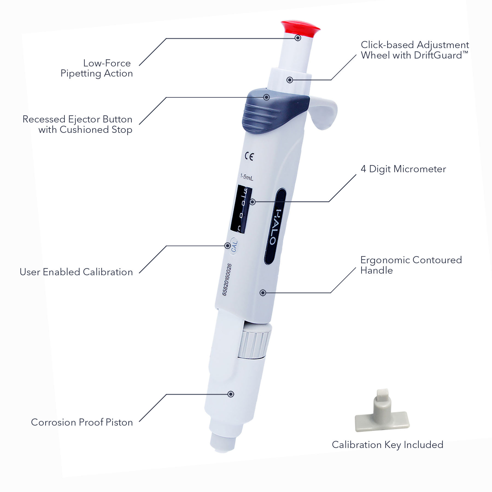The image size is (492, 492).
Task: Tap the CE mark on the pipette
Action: coord(249,156)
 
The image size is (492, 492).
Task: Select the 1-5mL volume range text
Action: coord(247,177)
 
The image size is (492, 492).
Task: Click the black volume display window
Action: coord(241,209)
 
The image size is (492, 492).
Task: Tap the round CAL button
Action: coord(234,246)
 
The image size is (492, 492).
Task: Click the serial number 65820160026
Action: coord(227,279)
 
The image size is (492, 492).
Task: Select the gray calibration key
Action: coord(382,413)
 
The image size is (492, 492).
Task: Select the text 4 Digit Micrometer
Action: coord(403,169)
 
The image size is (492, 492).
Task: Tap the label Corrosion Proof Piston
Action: coord(82,422)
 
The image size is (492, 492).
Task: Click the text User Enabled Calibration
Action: coord(76,272)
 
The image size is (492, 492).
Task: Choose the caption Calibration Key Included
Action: coord(387,445)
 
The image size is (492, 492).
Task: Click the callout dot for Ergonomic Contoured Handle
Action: coord(263,293)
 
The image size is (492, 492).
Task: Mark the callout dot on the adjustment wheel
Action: coord(290,80)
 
